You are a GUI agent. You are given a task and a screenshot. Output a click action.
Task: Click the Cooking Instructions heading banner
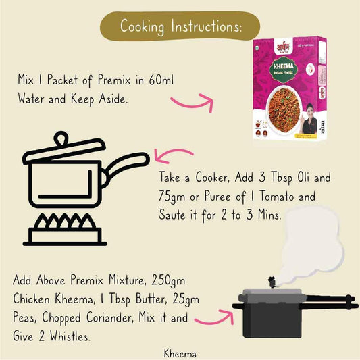pyautogui.click(x=180, y=26)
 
